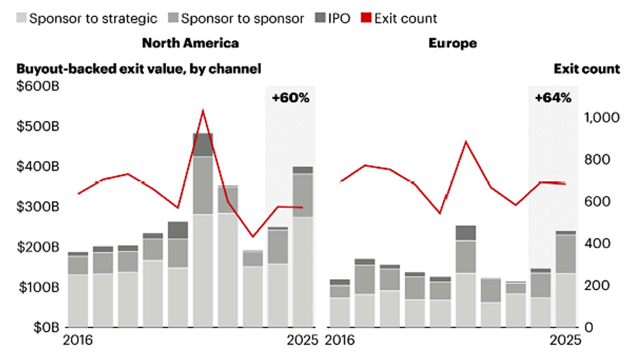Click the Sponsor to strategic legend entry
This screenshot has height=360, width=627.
pyautogui.click(x=87, y=18)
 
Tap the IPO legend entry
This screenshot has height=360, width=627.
pyautogui.click(x=333, y=18)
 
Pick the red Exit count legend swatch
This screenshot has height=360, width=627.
pyautogui.click(x=366, y=18)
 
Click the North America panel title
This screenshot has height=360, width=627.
pyautogui.click(x=190, y=43)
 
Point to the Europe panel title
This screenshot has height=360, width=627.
pyautogui.click(x=452, y=43)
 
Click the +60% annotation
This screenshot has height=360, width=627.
pyautogui.click(x=290, y=98)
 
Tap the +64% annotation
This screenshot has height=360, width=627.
pyautogui.click(x=553, y=98)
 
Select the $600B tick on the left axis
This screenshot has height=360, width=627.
pyautogui.click(x=38, y=86)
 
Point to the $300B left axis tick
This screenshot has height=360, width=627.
pyautogui.click(x=38, y=207)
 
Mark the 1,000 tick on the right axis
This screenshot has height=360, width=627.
pyautogui.click(x=602, y=117)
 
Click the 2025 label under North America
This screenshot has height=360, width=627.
pyautogui.click(x=302, y=340)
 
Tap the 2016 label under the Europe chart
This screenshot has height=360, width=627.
pyautogui.click(x=340, y=340)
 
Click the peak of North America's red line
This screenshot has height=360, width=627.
pyautogui.click(x=203, y=111)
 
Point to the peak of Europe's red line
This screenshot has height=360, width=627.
pyautogui.click(x=466, y=141)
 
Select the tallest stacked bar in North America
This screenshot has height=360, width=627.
pyautogui.click(x=203, y=231)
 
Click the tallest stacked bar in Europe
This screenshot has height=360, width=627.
pyautogui.click(x=466, y=276)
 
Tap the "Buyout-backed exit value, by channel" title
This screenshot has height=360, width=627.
pyautogui.click(x=138, y=69)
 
